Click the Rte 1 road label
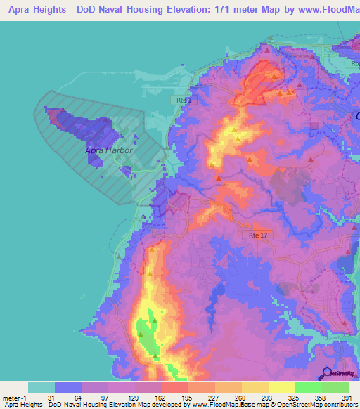[x=184, y=101]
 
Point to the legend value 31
[x=51, y=398]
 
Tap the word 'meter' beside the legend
[x=11, y=398]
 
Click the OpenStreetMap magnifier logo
[x=326, y=375]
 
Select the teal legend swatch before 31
[x=41, y=387]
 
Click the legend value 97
[x=104, y=398]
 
